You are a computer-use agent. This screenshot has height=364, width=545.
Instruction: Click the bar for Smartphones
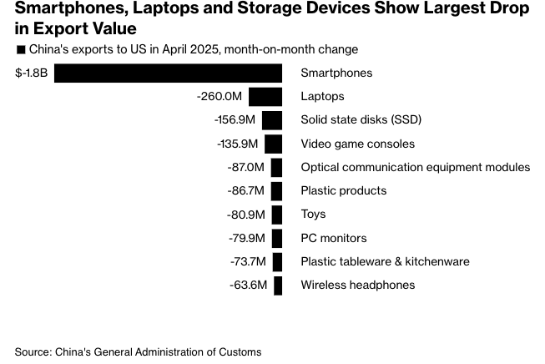coord(168,73)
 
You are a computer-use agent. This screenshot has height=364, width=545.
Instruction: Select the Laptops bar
coord(265,97)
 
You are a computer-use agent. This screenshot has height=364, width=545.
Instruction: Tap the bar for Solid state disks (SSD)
coord(272,120)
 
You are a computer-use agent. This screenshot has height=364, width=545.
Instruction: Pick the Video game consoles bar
coord(274,144)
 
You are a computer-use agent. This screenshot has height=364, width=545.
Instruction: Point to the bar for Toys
coord(277,215)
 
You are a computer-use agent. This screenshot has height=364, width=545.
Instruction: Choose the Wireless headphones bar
coord(279,286)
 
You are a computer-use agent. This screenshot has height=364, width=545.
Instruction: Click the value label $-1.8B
coord(31,73)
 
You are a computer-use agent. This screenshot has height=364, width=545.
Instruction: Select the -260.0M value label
coord(220,97)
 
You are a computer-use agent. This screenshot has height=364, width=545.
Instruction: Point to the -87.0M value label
coord(246,167)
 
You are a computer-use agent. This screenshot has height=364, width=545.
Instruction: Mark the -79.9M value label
coord(247,238)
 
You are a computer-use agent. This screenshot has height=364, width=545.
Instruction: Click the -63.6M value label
coord(248,286)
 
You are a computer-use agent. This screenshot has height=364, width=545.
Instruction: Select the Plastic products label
coord(344,191)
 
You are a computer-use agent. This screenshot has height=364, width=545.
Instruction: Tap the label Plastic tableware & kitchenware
coord(385,261)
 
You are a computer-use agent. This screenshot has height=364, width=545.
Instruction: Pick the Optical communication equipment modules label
coord(415,167)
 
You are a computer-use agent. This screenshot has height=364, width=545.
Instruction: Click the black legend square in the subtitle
coord(20,50)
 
